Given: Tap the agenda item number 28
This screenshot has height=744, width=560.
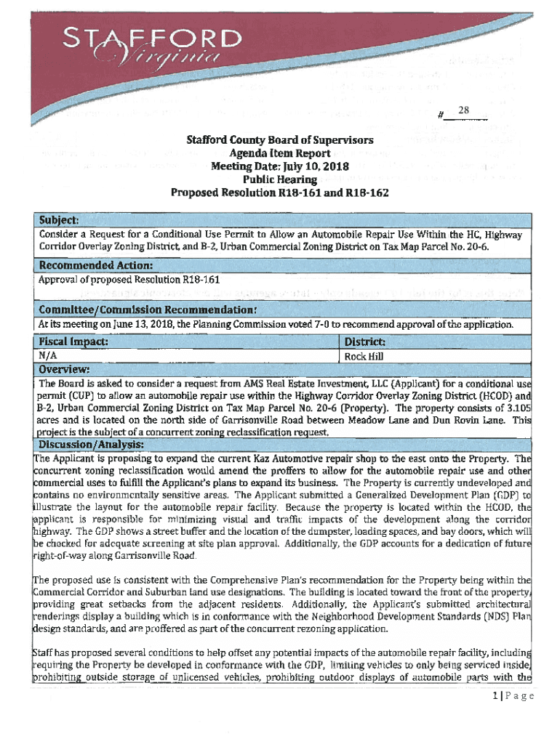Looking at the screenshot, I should [465, 110].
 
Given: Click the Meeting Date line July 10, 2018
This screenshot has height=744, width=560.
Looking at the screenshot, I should [280, 166].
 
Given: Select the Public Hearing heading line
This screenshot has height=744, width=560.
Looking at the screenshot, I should [279, 179].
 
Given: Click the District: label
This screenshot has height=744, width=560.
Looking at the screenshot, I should [365, 341].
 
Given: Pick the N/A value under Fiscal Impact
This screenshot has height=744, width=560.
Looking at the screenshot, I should [48, 356].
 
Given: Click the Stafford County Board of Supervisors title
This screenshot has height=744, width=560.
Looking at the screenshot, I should [279, 140].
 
